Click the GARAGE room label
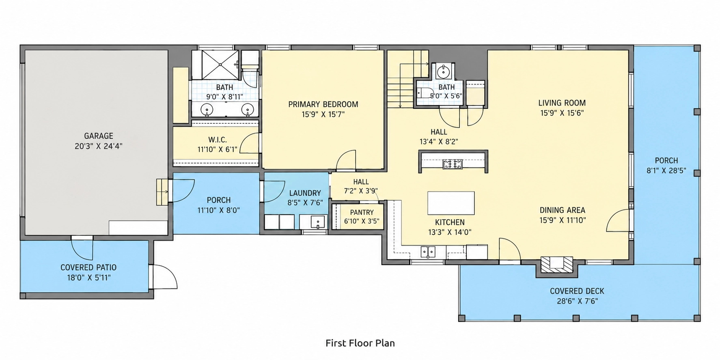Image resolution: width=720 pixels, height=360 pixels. (x=99, y=136)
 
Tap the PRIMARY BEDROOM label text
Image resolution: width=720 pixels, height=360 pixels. (x=323, y=104)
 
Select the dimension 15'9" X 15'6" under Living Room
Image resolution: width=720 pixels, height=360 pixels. (x=562, y=113)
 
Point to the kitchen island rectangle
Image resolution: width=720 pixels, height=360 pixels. (x=451, y=203)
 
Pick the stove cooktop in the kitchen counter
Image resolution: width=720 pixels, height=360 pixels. (x=453, y=164)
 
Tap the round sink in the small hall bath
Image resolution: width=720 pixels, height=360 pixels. (x=443, y=72)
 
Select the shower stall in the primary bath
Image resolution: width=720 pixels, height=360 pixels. (x=220, y=65)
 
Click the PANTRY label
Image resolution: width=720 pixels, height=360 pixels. (x=362, y=212)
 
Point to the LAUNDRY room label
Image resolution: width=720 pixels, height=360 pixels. (x=305, y=193)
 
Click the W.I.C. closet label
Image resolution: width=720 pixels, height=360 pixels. (x=218, y=140)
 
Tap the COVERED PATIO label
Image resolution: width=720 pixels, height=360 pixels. (x=88, y=267)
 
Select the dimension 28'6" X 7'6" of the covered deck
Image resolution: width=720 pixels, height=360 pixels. (x=577, y=301)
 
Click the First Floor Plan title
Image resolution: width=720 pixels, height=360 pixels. (x=360, y=343)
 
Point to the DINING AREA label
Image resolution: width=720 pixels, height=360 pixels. (x=562, y=210)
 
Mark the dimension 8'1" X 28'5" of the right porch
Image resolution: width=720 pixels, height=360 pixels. (x=666, y=171)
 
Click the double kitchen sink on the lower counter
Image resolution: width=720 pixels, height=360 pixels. (x=428, y=252)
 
